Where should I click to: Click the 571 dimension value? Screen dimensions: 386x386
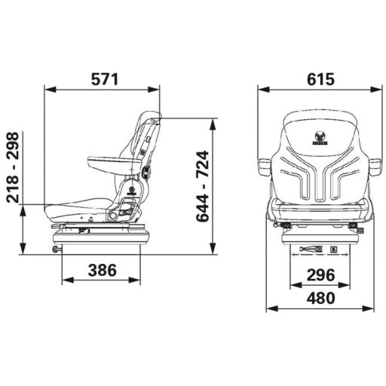pyautogui.click(x=105, y=79)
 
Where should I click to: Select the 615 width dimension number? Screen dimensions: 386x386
pyautogui.click(x=320, y=79)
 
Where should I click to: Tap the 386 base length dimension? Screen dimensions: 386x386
pyautogui.click(x=103, y=270)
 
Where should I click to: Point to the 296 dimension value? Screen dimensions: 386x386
pyautogui.click(x=320, y=274)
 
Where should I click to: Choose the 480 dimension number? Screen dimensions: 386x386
pyautogui.click(x=320, y=298)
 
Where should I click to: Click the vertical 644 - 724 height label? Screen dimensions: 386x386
pyautogui.click(x=203, y=186)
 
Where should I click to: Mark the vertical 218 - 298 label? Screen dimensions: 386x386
pyautogui.click(x=13, y=167)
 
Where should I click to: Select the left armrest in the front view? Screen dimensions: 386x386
pyautogui.click(x=265, y=167)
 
